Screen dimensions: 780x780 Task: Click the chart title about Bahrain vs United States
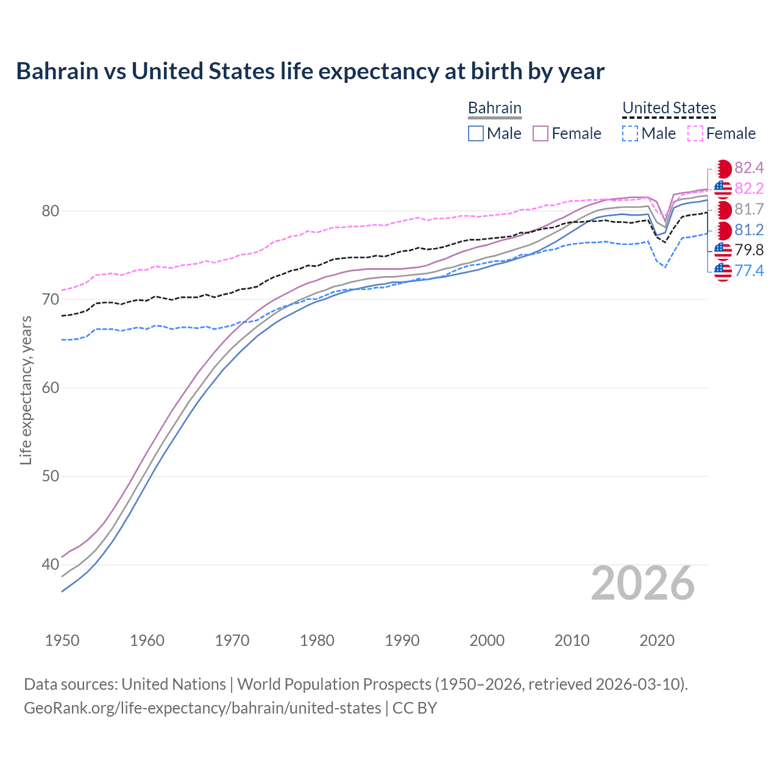(x=310, y=71)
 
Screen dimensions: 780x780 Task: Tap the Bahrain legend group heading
(x=494, y=108)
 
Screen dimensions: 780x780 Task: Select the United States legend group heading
(x=668, y=108)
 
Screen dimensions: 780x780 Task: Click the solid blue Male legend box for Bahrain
(x=476, y=133)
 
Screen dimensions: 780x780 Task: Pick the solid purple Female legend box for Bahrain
(x=541, y=133)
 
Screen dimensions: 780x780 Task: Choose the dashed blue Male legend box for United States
(x=630, y=133)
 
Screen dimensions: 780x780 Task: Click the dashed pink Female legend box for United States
(x=695, y=133)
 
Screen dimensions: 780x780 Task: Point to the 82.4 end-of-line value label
(x=749, y=168)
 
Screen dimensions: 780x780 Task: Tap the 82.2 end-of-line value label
(x=749, y=188)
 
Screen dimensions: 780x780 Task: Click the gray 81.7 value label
(x=749, y=209)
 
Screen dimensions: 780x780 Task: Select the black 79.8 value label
(x=749, y=250)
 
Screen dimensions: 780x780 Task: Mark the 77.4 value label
(x=749, y=271)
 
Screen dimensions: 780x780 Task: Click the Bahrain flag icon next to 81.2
(x=723, y=230)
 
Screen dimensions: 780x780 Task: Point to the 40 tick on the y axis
(x=50, y=564)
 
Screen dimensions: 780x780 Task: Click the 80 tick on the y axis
(x=50, y=211)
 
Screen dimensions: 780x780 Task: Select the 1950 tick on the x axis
(x=62, y=640)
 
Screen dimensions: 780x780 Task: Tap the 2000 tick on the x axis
(x=487, y=640)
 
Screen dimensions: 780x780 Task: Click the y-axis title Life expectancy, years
(x=26, y=390)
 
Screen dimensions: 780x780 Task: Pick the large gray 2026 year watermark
(x=642, y=583)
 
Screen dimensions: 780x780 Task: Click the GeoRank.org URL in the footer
(x=202, y=708)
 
